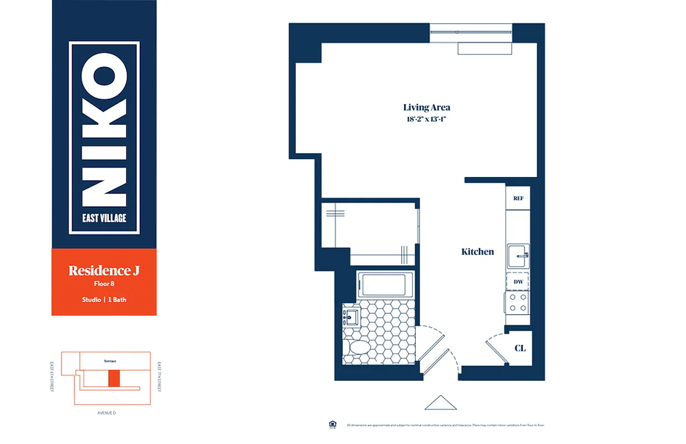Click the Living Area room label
(x=426, y=108)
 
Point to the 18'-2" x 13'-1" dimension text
(x=426, y=119)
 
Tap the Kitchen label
(x=477, y=252)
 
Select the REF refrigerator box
(x=518, y=198)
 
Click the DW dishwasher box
(x=518, y=282)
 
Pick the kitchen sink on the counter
(x=518, y=256)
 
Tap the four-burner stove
(x=518, y=302)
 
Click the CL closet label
(x=520, y=349)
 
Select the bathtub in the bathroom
(x=386, y=285)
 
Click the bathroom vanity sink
(x=350, y=317)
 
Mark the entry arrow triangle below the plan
(x=441, y=402)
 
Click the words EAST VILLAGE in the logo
(x=104, y=218)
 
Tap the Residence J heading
(x=104, y=271)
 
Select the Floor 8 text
(x=104, y=284)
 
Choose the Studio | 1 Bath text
(x=104, y=300)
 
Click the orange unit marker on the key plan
(x=114, y=379)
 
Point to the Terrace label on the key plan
(x=110, y=361)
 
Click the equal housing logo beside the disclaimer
(x=332, y=425)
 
